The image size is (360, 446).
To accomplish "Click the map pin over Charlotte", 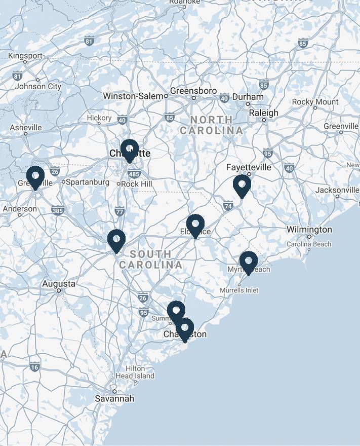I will click(x=130, y=150).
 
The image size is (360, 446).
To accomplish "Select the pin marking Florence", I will click(x=195, y=225).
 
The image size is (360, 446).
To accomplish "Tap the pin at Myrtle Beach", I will click(x=249, y=262).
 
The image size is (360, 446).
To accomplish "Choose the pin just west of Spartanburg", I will click(x=35, y=177).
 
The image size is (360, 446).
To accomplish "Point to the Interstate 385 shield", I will click(x=57, y=210).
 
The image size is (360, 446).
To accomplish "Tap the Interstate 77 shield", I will click(x=119, y=211).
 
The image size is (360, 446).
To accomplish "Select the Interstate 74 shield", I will click(x=228, y=205).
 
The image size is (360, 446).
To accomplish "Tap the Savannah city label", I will click(x=115, y=399).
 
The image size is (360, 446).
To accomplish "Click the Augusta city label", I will click(x=59, y=284).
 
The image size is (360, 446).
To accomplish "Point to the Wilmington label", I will click(x=309, y=230).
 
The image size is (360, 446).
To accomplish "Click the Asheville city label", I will click(x=26, y=127).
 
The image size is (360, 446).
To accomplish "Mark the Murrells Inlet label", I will click(x=239, y=290).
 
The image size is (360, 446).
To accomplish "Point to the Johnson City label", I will click(x=38, y=86).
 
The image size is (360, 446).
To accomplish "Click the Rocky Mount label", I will click(x=315, y=102).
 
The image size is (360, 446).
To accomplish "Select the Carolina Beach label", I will click(x=309, y=244).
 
